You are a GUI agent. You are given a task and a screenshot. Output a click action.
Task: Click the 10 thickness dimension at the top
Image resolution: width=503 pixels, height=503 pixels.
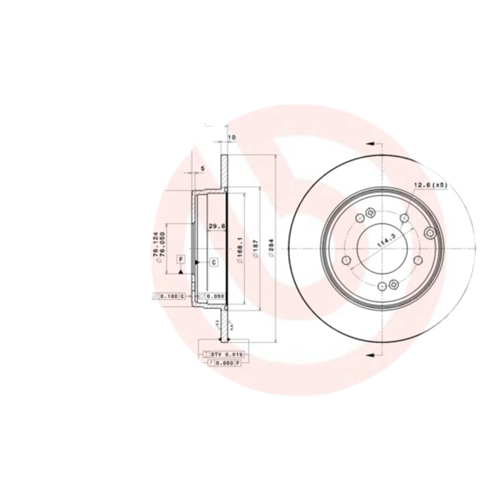tap(231, 137)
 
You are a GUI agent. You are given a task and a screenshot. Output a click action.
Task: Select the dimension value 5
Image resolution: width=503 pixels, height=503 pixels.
tap(202, 169)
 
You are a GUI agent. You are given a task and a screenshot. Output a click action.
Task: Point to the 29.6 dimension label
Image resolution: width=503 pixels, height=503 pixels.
tap(217, 227)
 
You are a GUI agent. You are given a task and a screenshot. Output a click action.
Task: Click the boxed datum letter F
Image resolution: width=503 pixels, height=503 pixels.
tap(180, 259)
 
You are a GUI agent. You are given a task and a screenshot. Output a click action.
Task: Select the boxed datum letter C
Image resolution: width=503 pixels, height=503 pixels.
tap(213, 262)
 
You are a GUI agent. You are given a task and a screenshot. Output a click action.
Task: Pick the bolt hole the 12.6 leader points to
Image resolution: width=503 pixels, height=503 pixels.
tap(405, 218)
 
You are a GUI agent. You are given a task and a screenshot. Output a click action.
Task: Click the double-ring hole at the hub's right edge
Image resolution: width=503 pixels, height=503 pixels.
tap(431, 234)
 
